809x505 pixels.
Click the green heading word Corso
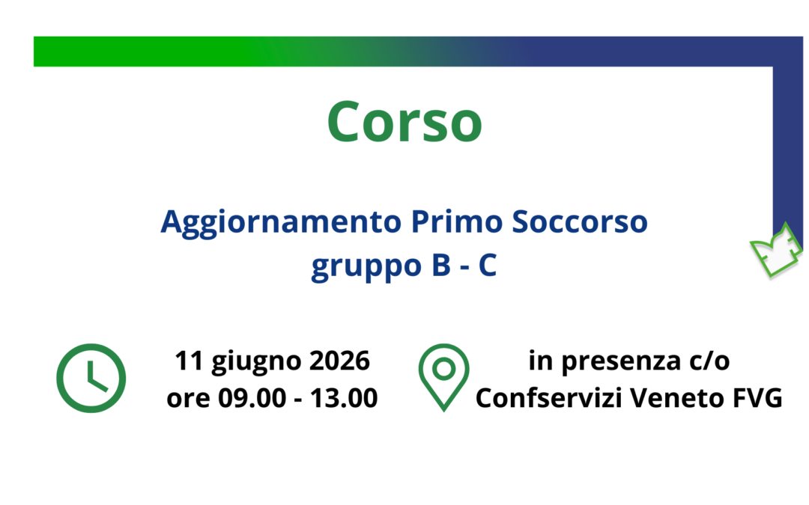click(x=404, y=121)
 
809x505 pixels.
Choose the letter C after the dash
click(x=488, y=266)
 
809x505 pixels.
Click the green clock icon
click(x=91, y=378)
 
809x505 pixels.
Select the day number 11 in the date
click(x=190, y=361)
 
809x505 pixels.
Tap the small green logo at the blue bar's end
click(x=775, y=251)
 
